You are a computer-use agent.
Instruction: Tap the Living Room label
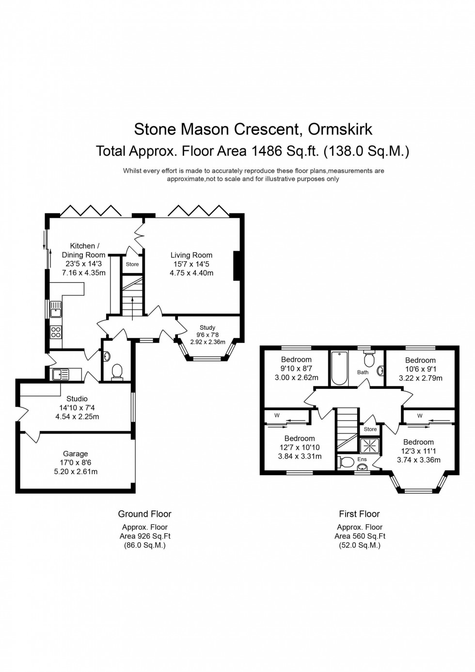pos(191,255)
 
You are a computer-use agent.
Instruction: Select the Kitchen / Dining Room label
pos(84,250)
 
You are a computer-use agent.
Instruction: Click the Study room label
pos(207,328)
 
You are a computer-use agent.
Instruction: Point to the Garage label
pos(75,454)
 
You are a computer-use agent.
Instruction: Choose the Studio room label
pos(77,399)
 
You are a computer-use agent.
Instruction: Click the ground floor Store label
pos(132,264)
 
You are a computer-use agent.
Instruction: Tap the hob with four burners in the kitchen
pos(56,332)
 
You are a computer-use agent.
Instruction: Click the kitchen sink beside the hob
pos(55,309)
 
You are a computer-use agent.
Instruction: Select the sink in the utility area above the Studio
pos(60,374)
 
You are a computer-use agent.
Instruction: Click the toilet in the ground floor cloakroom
pos(117,372)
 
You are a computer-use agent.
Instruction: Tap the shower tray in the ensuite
pos(370,445)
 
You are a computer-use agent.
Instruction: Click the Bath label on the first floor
pos(363,372)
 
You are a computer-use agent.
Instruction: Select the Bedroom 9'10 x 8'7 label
pos(296,360)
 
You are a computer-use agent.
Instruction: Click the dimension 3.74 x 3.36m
pos(418,460)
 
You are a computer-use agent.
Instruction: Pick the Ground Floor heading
pos(144,514)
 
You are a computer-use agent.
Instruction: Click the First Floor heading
pos(359,514)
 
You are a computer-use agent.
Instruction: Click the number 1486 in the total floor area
pos(266,151)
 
